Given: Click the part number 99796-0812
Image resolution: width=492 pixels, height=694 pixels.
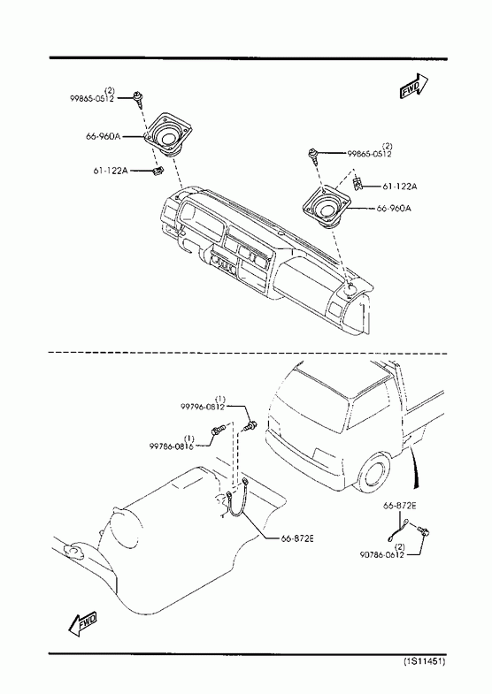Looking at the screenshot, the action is point(203,407).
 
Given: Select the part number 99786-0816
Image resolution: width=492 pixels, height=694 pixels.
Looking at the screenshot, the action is point(172,446).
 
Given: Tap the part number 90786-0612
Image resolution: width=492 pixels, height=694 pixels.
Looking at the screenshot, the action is point(381,554).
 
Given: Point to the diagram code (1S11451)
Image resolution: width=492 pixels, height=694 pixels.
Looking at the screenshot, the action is point(424,661).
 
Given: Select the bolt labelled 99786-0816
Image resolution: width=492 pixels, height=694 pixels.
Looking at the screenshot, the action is point(218,430).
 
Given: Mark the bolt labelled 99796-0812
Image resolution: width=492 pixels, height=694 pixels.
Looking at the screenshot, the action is point(250,426).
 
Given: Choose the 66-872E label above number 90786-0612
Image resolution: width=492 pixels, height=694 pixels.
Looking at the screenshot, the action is point(399,506).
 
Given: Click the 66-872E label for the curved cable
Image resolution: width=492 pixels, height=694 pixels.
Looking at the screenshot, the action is point(297,538).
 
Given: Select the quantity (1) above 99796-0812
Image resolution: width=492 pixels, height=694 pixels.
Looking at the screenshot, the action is point(220,400).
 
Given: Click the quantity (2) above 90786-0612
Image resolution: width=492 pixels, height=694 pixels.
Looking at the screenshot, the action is point(399,547).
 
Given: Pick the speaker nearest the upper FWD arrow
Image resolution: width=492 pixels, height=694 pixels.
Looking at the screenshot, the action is point(327,206).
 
